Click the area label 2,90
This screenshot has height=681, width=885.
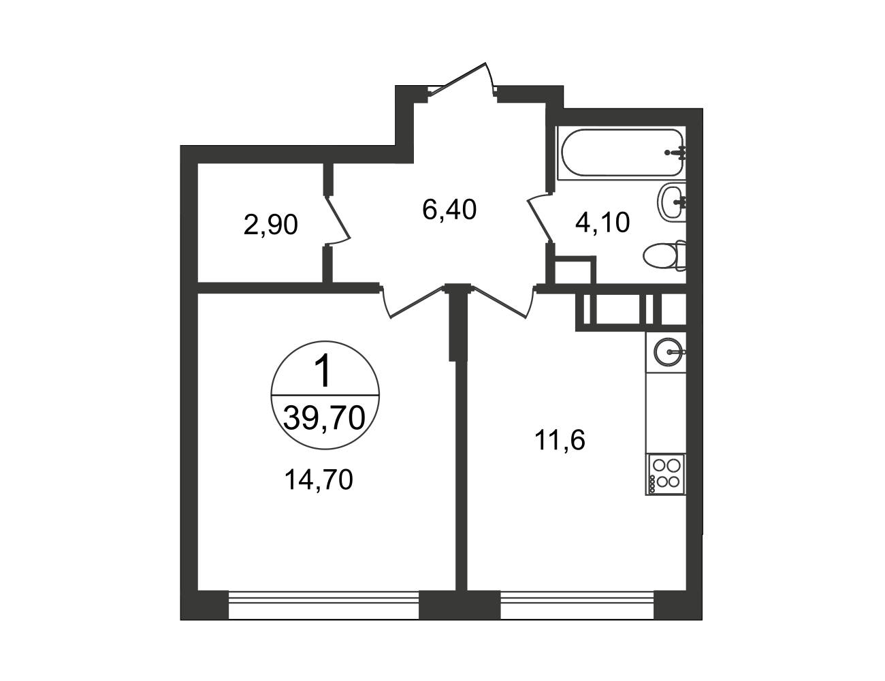(270, 225)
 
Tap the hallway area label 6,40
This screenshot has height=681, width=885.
(449, 210)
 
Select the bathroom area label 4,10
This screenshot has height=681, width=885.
(602, 223)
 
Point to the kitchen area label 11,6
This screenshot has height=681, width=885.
(560, 441)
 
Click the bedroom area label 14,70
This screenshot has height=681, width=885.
(319, 479)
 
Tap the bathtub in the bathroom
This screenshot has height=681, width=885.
(623, 153)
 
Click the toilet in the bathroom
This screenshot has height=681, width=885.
(664, 255)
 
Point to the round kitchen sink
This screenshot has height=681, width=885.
(669, 351)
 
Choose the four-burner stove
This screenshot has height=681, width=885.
(666, 475)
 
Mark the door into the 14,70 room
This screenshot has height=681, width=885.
(413, 302)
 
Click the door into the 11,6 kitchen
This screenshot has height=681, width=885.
(503, 302)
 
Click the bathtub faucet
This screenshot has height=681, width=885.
(677, 152)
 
